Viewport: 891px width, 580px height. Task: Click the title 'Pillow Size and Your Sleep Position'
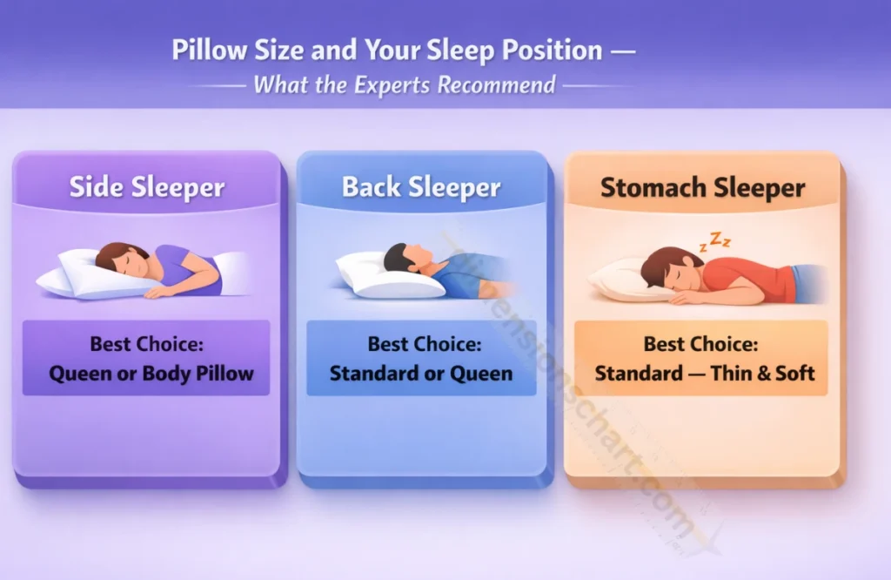click(x=387, y=50)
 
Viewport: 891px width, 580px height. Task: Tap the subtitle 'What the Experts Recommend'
click(x=405, y=84)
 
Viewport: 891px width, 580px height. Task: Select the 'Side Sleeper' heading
click(x=147, y=187)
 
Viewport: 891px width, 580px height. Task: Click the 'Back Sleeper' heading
click(x=421, y=187)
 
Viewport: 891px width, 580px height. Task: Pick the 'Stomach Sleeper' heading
click(x=702, y=187)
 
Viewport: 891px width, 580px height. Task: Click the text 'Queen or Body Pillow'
click(x=151, y=374)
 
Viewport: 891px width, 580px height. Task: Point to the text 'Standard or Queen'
click(x=421, y=374)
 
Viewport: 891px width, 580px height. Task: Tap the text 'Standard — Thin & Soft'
click(x=704, y=374)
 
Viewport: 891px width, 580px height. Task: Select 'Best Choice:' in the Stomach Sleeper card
click(x=700, y=344)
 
